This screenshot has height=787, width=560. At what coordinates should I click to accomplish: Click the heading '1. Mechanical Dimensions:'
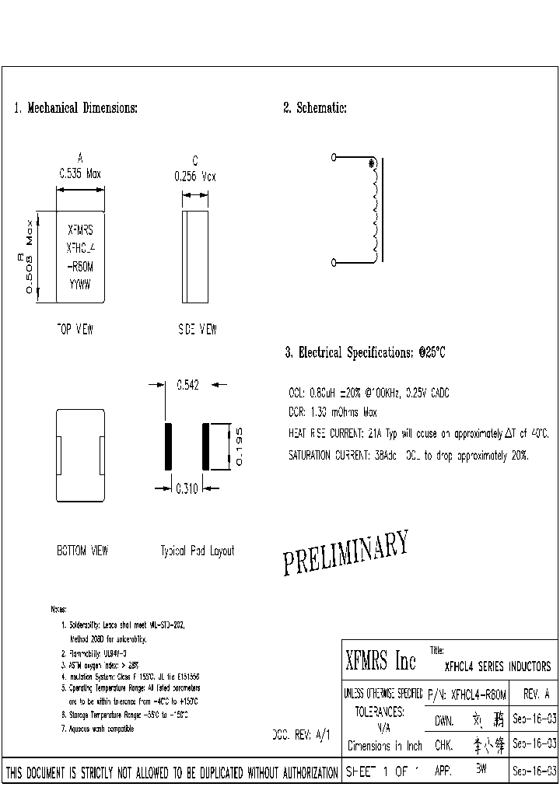point(76,108)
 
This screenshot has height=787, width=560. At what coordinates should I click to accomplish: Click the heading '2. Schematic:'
point(314,108)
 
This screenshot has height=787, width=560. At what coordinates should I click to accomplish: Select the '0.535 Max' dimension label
point(81,176)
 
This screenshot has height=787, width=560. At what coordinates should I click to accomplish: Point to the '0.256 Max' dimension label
point(194,177)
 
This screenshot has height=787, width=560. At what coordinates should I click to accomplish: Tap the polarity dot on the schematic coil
point(372,163)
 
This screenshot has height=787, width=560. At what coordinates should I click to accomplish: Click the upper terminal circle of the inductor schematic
point(334,157)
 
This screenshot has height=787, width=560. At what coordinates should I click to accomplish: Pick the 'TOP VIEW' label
point(75,330)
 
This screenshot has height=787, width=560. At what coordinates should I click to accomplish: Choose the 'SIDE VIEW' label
point(197,330)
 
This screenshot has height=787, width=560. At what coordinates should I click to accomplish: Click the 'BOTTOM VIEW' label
point(82,551)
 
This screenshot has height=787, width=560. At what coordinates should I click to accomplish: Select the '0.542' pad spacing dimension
point(189,383)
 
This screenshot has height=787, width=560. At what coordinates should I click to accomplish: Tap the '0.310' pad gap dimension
point(186,488)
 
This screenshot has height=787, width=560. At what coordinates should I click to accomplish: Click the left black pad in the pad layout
point(166,446)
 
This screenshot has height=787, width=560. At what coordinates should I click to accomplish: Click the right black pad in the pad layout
point(206,446)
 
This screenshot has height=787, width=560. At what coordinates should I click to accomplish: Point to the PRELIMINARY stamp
point(345,554)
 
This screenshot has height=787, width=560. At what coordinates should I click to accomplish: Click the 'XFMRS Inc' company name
point(380,663)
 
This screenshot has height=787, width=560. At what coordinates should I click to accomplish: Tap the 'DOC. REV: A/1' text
point(301,734)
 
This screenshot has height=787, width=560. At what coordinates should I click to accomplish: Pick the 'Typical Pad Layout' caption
point(197,551)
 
